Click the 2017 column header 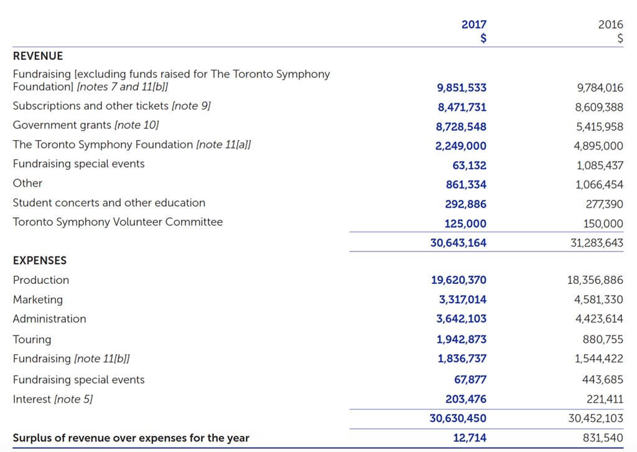pyautogui.click(x=474, y=25)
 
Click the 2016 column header pyautogui.click(x=610, y=25)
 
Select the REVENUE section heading pyautogui.click(x=38, y=56)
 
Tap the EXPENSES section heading pyautogui.click(x=40, y=260)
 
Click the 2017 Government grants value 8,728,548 pyautogui.click(x=461, y=126)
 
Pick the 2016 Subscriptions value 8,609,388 pyautogui.click(x=599, y=107)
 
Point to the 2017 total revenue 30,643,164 pyautogui.click(x=458, y=243)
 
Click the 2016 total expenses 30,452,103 pyautogui.click(x=596, y=418)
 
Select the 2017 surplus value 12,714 pyautogui.click(x=470, y=438)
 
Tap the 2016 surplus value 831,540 pyautogui.click(x=603, y=438)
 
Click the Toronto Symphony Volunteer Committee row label pyautogui.click(x=118, y=222)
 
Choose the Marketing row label pyautogui.click(x=38, y=299)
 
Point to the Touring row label pyautogui.click(x=32, y=339)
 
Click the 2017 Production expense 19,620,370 pyautogui.click(x=459, y=280)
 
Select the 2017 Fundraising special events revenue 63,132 pyautogui.click(x=470, y=166)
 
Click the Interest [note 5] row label pyautogui.click(x=53, y=399)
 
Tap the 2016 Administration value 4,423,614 pyautogui.click(x=598, y=319)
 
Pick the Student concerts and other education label pyautogui.click(x=109, y=202)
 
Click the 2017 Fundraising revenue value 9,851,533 pyautogui.click(x=461, y=88)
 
